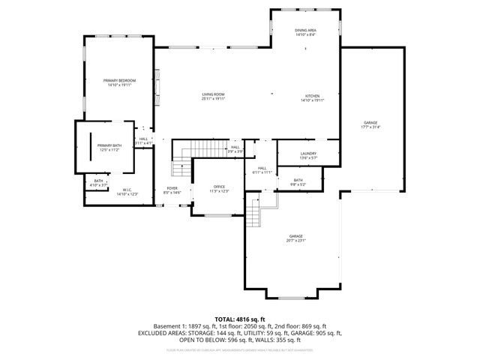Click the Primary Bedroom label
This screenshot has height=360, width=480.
pyautogui.click(x=118, y=79)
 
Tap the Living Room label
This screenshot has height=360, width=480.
pyautogui.click(x=213, y=94)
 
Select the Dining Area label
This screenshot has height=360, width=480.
pyautogui.click(x=305, y=30)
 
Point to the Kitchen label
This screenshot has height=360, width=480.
pyautogui.click(x=312, y=95)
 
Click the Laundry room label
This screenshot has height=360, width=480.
pyautogui.click(x=288, y=153)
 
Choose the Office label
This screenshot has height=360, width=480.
pyautogui.click(x=219, y=186)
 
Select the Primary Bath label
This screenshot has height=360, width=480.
pyautogui.click(x=109, y=145)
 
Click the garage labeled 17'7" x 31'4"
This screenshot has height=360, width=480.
pyautogui.click(x=370, y=122)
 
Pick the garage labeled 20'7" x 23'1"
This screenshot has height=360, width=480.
pyautogui.click(x=295, y=236)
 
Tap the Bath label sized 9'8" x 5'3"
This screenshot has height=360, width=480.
pyautogui.click(x=298, y=180)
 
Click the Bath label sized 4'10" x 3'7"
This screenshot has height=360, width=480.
pyautogui.click(x=98, y=181)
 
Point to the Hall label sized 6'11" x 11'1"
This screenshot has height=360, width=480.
pyautogui.click(x=262, y=168)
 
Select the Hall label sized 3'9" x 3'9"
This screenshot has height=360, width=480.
pyautogui.click(x=235, y=147)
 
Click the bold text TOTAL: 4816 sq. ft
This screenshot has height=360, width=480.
pyautogui.click(x=239, y=319)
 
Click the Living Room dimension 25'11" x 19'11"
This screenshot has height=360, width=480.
pyautogui.click(x=213, y=99)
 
